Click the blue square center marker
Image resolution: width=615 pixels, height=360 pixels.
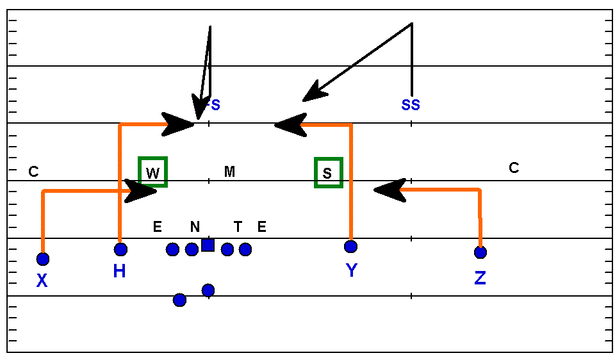(x=208, y=245)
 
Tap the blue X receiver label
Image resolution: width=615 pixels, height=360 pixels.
(x=42, y=280)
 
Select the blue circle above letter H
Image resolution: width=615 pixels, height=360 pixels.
(x=120, y=249)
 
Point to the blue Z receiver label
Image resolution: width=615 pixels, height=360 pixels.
(x=480, y=278)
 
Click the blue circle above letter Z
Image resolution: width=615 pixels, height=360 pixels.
(x=480, y=252)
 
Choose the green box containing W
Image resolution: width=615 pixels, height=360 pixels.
(x=153, y=172)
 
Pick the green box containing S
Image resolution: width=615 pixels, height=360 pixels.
(x=328, y=172)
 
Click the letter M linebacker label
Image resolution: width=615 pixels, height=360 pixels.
(x=229, y=171)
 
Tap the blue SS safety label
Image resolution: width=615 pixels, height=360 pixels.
(x=411, y=104)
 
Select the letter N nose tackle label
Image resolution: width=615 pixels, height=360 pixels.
(x=195, y=227)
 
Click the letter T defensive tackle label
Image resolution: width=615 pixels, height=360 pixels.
(x=238, y=226)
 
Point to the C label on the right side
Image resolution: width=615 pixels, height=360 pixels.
(x=514, y=168)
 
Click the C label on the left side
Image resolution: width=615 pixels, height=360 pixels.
(x=34, y=172)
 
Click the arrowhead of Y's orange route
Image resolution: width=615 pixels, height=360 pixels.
(x=289, y=124)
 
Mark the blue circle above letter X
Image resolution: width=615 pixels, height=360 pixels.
(x=43, y=259)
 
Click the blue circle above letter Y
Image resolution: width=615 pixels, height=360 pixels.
(x=350, y=247)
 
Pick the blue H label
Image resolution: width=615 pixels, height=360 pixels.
(x=119, y=272)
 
